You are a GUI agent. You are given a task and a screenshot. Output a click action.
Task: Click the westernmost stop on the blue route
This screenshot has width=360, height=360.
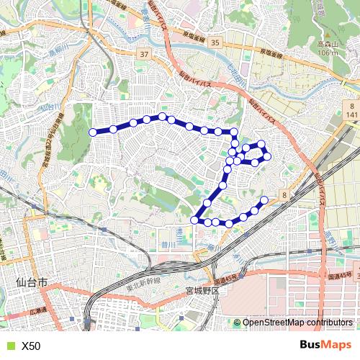click(92, 132)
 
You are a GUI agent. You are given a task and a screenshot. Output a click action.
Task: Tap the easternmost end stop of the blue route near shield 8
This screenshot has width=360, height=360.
click(264, 199)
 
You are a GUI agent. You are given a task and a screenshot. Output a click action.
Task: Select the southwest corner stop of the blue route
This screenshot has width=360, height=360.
click(194, 220)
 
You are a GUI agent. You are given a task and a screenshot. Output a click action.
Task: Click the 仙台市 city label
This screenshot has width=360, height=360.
click(30, 284)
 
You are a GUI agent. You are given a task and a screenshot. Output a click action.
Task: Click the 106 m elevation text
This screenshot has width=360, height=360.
click(328, 53)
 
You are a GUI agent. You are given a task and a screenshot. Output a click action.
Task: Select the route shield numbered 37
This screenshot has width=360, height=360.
click(144, 55)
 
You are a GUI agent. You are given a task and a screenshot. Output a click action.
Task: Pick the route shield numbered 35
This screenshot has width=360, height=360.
click(215, 44)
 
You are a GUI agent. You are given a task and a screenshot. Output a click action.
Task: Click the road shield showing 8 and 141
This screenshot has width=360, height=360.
click(351, 110)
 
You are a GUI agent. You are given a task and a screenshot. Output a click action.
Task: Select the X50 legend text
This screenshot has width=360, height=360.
click(31, 346)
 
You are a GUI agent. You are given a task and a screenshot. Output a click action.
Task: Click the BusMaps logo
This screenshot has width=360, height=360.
click(326, 346)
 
